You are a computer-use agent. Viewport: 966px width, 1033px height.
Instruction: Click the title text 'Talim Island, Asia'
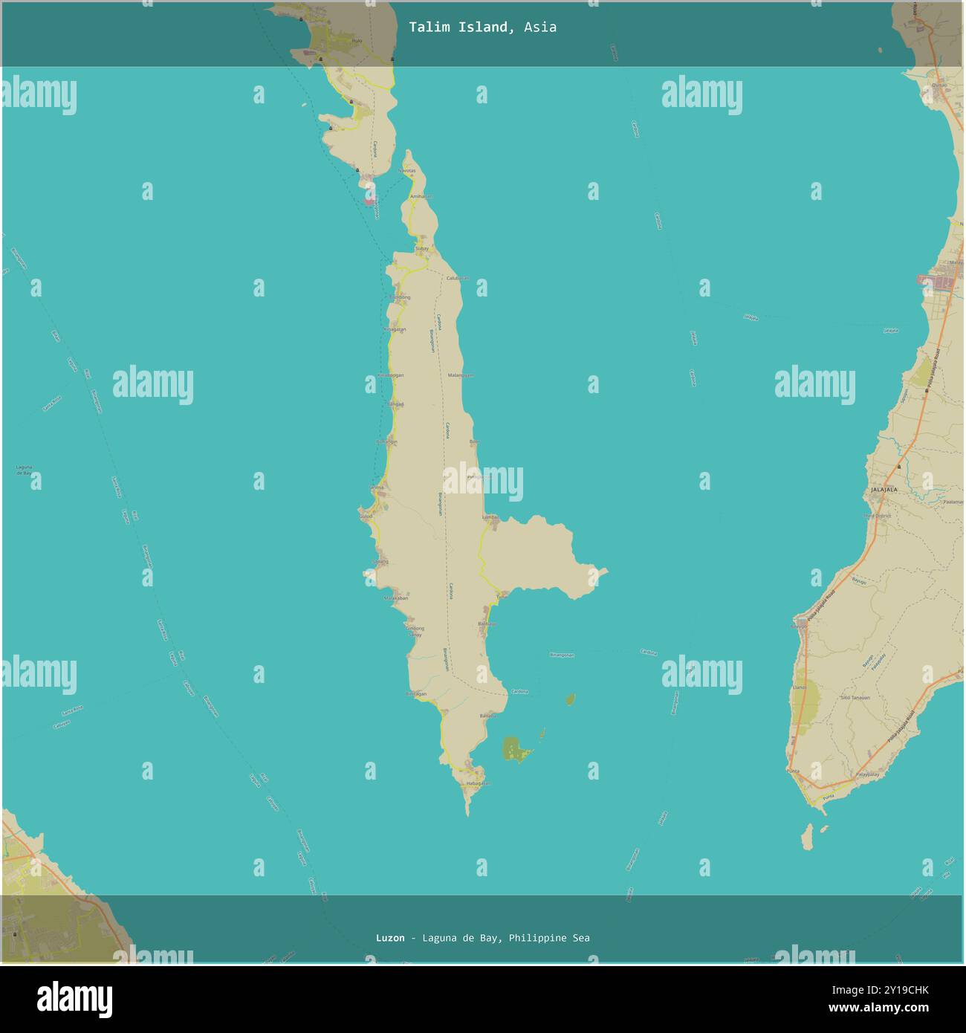482,27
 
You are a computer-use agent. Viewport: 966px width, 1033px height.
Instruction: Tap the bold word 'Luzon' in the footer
390,938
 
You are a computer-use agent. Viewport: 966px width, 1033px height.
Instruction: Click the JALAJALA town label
884,490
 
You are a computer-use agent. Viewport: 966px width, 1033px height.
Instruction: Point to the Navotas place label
406,171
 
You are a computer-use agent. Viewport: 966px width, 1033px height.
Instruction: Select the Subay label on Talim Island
422,248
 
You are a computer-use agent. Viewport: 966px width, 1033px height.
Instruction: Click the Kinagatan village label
395,329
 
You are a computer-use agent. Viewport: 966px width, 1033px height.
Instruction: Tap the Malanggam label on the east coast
460,375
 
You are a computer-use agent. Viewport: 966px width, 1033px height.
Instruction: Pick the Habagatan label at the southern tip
478,783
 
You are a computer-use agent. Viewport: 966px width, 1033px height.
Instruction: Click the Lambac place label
489,516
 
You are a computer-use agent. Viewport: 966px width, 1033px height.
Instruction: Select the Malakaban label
395,598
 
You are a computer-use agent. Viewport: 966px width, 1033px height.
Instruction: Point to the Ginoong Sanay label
415,632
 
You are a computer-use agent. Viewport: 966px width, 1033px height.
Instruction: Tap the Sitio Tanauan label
855,698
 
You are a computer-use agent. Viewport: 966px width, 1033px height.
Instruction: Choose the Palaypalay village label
867,774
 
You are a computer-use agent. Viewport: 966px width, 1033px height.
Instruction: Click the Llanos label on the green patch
800,688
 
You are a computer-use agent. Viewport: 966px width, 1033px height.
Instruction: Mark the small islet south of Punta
808,838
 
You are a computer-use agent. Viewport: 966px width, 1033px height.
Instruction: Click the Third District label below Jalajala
877,516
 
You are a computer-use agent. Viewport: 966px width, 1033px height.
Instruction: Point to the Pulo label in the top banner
357,41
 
